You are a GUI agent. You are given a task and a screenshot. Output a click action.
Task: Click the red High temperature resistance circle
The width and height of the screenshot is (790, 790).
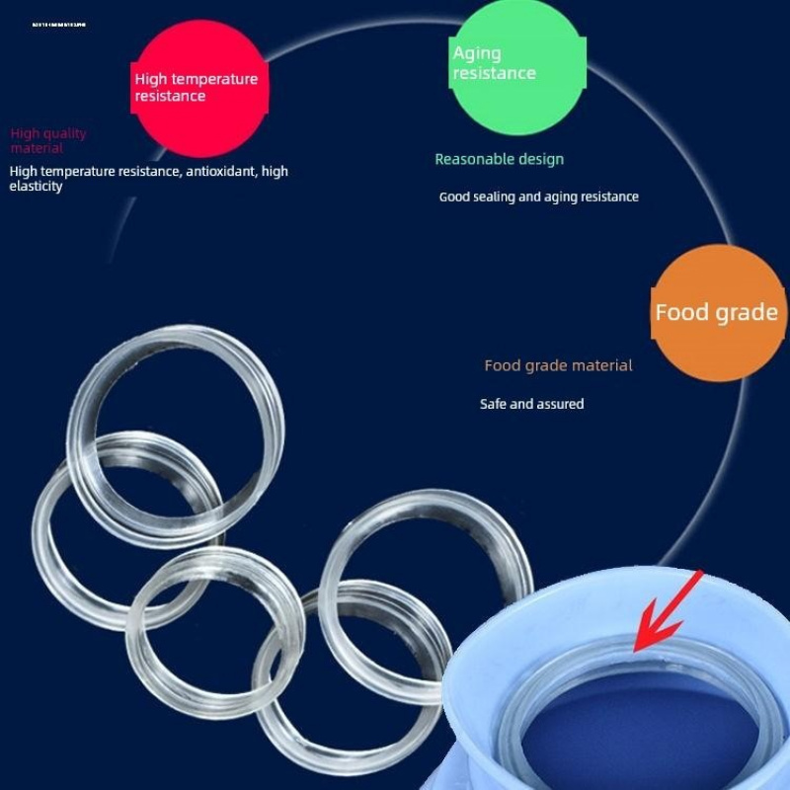pyautogui.click(x=200, y=89)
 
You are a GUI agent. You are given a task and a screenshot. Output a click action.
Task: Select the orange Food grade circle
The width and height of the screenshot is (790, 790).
pyautogui.click(x=717, y=313)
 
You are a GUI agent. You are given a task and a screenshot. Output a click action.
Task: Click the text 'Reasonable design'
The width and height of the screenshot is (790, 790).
pyautogui.click(x=499, y=159)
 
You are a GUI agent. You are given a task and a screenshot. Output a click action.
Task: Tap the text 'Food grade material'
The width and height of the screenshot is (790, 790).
pyautogui.click(x=558, y=365)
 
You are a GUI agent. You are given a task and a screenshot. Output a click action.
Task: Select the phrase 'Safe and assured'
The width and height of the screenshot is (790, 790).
pyautogui.click(x=531, y=404)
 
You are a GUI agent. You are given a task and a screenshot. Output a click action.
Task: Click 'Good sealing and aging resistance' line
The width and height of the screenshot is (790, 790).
pyautogui.click(x=538, y=197)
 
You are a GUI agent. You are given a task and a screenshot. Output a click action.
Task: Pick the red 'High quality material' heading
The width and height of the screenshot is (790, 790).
pyautogui.click(x=48, y=140)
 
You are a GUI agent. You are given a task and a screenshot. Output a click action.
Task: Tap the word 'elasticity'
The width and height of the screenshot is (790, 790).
pyautogui.click(x=36, y=186)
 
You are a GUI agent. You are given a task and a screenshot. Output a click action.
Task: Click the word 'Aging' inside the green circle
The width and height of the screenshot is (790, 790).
pyautogui.click(x=477, y=53)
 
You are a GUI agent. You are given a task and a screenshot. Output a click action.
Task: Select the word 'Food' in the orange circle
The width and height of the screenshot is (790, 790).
pyautogui.click(x=682, y=313)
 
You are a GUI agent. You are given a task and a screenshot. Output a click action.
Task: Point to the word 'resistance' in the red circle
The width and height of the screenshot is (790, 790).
pyautogui.click(x=170, y=97)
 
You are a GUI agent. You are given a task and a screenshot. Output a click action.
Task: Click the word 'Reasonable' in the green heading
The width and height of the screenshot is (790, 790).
pyautogui.click(x=472, y=159)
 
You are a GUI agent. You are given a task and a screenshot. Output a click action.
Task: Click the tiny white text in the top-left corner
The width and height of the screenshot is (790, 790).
pyautogui.click(x=58, y=23)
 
